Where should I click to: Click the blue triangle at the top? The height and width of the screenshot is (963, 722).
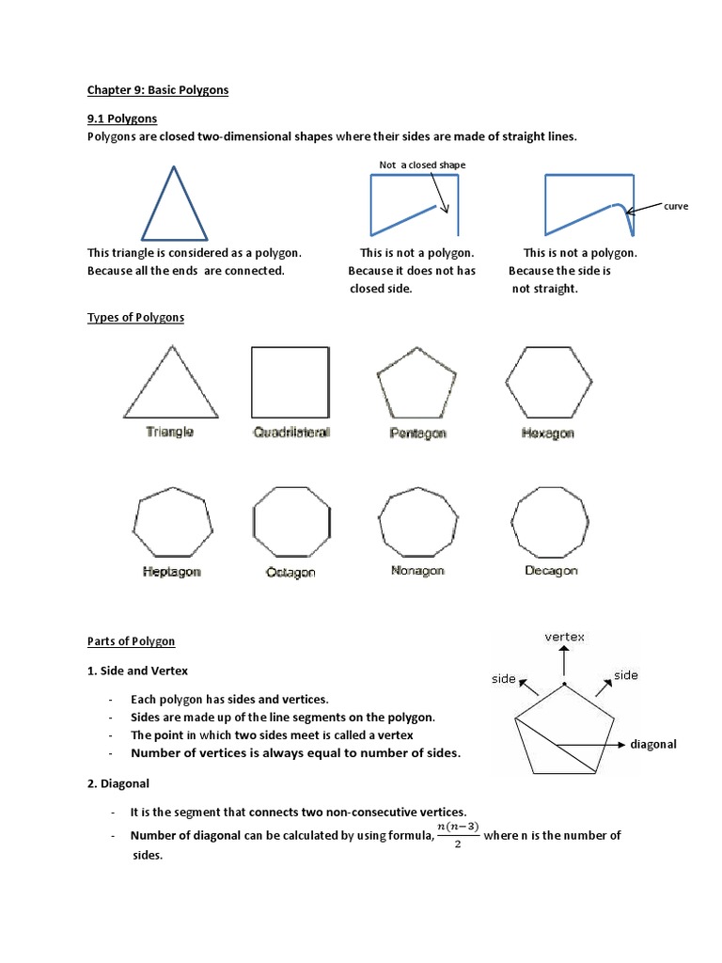coord(174,205)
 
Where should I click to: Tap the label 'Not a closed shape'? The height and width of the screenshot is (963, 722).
coord(422,165)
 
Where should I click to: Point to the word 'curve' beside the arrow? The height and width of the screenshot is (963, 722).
coord(677,206)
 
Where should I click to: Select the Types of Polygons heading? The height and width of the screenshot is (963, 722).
coord(135,317)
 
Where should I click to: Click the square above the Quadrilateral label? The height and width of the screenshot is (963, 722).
coord(290,382)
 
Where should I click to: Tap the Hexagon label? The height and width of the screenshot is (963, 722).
coord(547,434)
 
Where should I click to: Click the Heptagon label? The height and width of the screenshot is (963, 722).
coord(173,571)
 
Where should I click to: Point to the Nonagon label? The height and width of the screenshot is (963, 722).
coord(417,570)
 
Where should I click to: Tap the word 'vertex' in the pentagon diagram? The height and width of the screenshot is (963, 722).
coord(564,637)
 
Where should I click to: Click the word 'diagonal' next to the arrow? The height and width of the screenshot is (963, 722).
coord(653,744)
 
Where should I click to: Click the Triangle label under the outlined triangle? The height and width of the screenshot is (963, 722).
coord(170,433)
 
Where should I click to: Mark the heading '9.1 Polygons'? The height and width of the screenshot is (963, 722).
coord(122,119)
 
